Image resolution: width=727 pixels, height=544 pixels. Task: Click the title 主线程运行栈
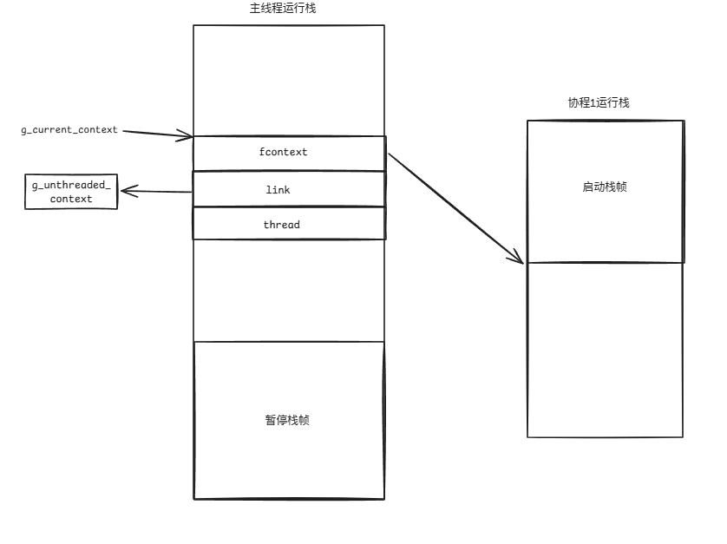(x=288, y=8)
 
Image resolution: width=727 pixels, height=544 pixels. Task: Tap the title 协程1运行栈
(x=599, y=102)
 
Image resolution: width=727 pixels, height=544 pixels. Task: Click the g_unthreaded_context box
(x=71, y=192)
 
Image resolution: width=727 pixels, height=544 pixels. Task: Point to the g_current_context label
(x=69, y=130)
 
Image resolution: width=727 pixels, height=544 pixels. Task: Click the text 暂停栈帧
(x=288, y=420)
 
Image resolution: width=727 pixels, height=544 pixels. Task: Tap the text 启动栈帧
(x=605, y=187)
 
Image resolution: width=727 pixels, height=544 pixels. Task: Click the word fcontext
(x=284, y=153)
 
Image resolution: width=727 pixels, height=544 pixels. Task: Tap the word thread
(x=282, y=225)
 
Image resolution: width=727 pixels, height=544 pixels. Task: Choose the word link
(x=278, y=189)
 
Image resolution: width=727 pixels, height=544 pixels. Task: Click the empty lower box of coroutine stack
(x=605, y=349)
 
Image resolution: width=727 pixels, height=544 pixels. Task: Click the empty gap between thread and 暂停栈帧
(x=288, y=290)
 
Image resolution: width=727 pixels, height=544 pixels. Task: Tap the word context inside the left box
(x=71, y=200)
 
